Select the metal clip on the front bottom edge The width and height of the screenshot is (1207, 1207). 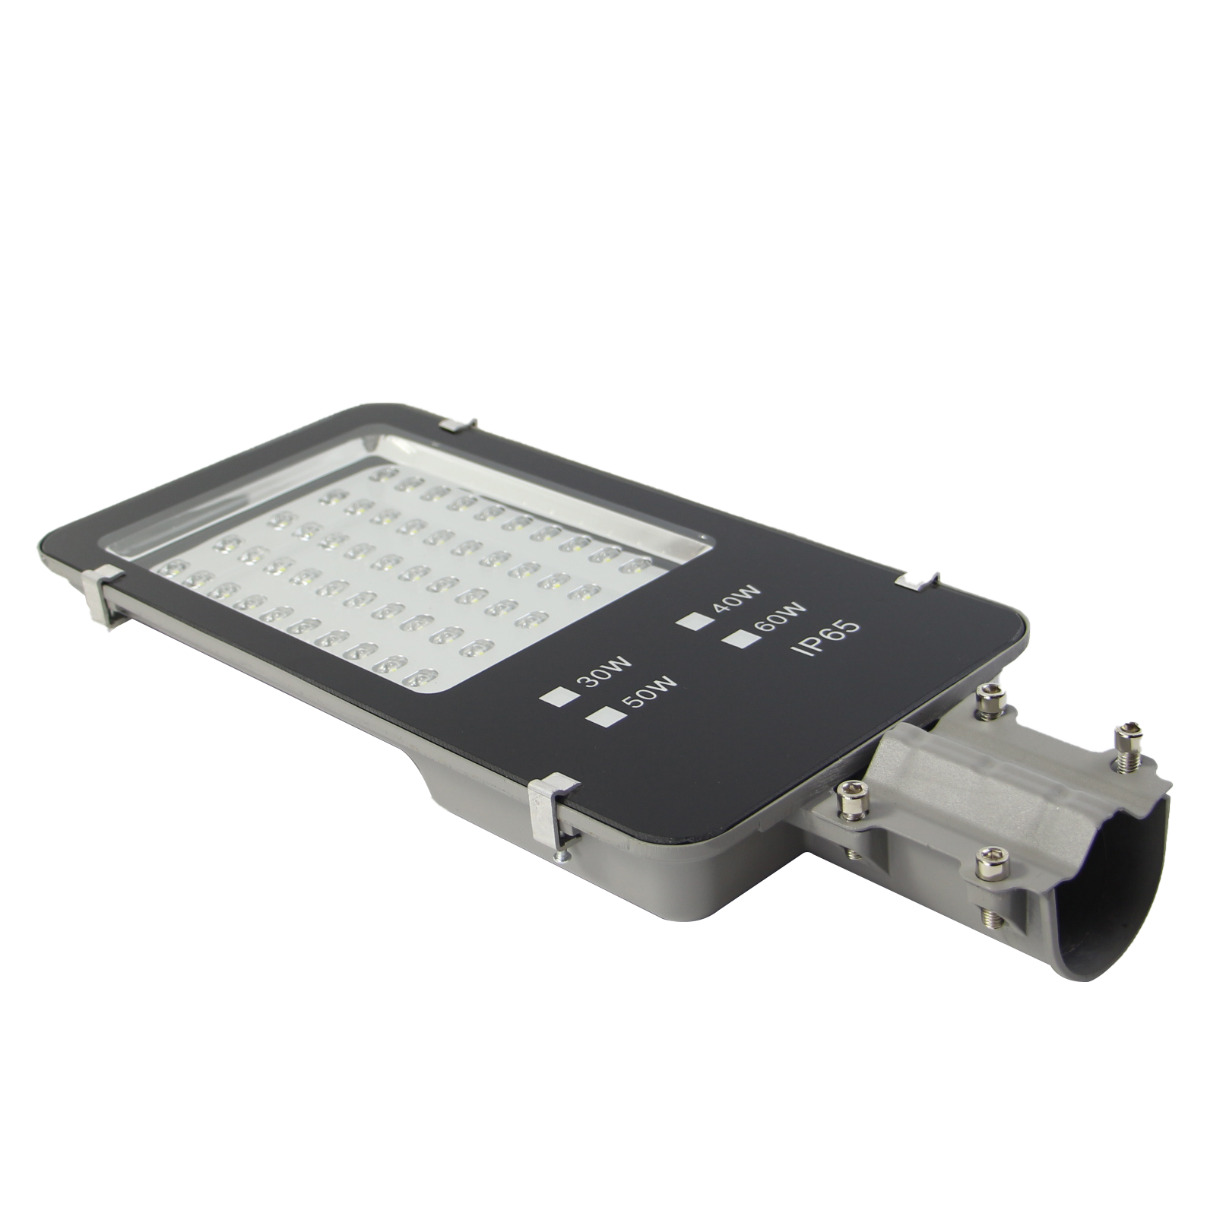556,814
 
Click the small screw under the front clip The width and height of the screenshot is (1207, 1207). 562,858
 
